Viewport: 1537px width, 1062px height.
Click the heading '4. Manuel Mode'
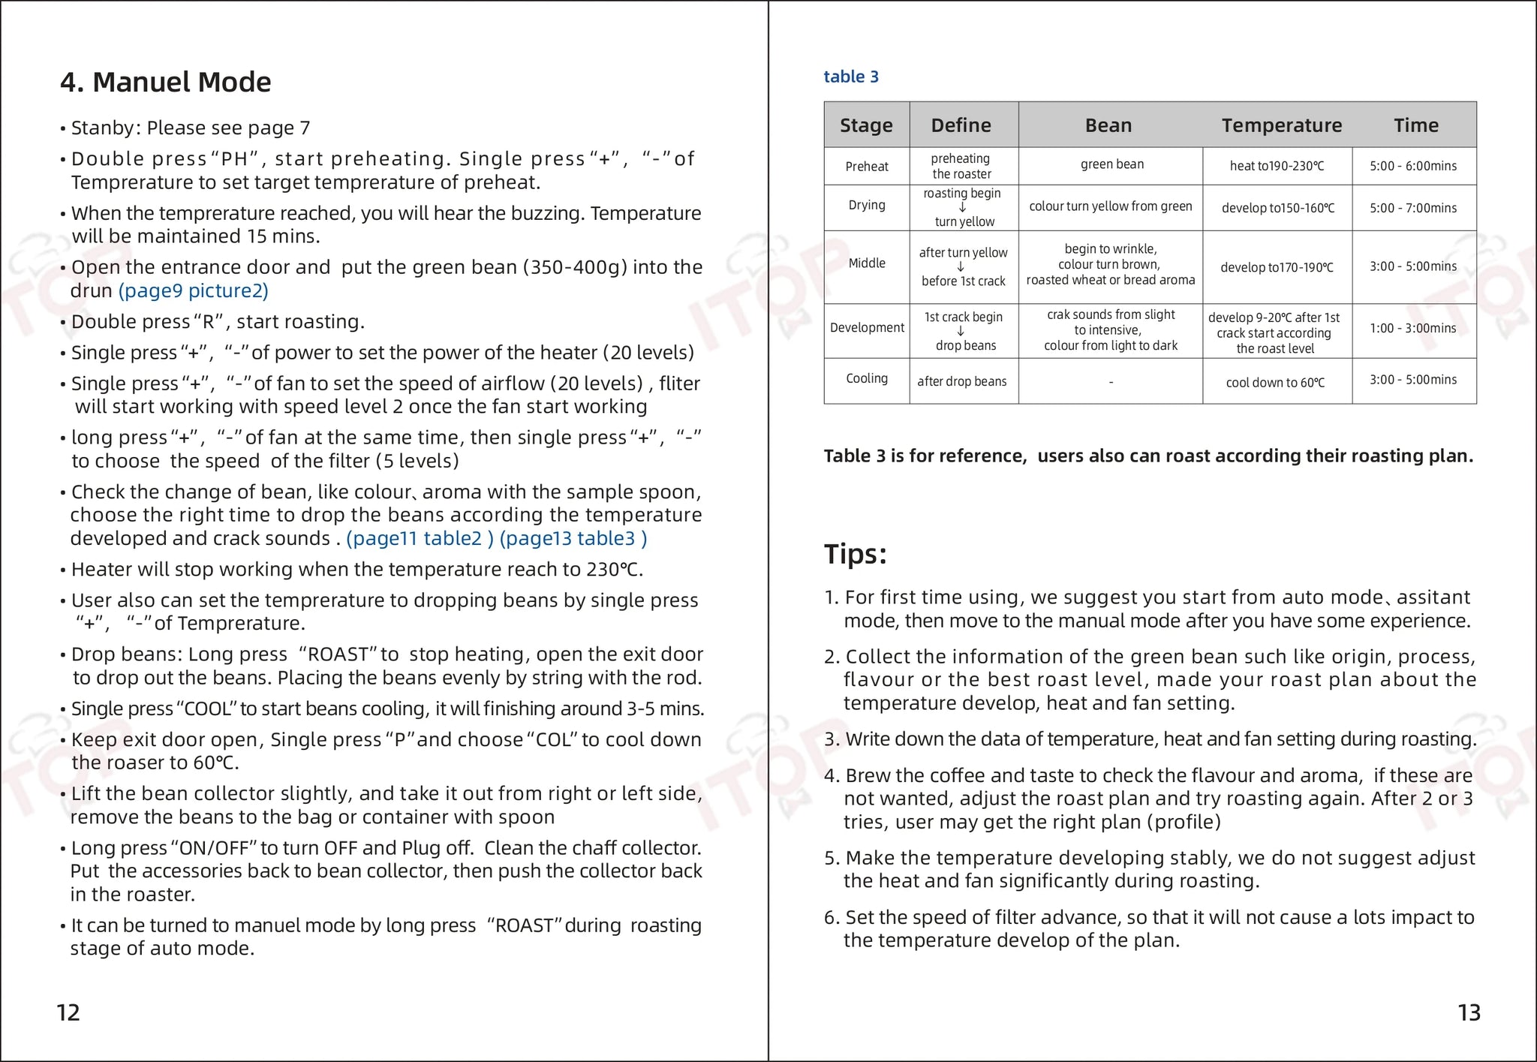tap(165, 82)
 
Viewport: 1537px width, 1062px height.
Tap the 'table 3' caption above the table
tap(850, 77)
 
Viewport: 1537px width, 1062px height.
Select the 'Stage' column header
tap(866, 125)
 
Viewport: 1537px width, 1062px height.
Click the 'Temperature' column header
tap(1281, 125)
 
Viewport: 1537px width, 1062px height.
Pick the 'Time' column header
tap(1415, 125)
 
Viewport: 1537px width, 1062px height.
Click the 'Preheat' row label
tap(866, 167)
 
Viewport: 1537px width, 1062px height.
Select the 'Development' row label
tap(867, 327)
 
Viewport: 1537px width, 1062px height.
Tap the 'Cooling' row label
tap(866, 378)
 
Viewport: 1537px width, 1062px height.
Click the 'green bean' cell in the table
tap(1111, 164)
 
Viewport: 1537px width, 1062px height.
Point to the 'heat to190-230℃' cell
tap(1277, 166)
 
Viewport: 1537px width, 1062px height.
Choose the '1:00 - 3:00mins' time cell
tap(1412, 328)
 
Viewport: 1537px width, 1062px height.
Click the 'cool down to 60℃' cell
tap(1275, 383)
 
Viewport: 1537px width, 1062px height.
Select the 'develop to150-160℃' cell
tap(1277, 208)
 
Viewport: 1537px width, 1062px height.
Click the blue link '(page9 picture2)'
tap(193, 290)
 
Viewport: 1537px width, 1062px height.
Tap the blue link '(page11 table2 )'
tap(420, 538)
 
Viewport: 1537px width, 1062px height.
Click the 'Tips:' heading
tap(855, 554)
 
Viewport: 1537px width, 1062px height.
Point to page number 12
tap(68, 1012)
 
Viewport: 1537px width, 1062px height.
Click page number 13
tap(1469, 1012)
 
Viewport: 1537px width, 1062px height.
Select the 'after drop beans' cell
tap(961, 381)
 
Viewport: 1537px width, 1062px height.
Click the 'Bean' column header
tap(1108, 125)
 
